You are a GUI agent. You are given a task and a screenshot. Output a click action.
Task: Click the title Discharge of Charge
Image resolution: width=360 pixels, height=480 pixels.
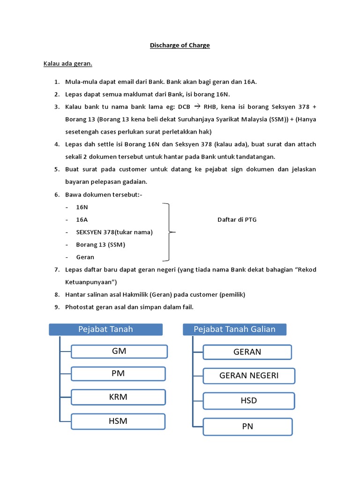click(x=180, y=45)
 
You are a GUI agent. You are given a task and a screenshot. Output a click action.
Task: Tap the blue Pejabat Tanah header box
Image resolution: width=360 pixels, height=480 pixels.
click(x=105, y=329)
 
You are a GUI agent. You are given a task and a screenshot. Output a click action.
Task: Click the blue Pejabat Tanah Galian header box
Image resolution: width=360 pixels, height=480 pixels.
click(x=234, y=330)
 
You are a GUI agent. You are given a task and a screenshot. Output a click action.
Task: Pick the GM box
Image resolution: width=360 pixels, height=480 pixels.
click(x=119, y=351)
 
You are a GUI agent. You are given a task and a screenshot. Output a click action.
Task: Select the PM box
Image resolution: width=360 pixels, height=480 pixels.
click(x=118, y=374)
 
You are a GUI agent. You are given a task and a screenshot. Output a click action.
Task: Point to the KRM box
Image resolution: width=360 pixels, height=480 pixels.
click(x=118, y=397)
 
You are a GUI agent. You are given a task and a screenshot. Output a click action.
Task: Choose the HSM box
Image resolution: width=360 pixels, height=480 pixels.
click(x=118, y=421)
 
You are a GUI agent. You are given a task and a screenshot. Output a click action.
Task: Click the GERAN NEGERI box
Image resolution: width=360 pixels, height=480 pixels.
click(x=249, y=375)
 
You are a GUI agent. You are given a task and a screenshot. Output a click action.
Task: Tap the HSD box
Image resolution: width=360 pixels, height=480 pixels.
click(x=248, y=401)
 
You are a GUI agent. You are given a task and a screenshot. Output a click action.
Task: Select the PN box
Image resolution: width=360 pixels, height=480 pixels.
click(x=247, y=427)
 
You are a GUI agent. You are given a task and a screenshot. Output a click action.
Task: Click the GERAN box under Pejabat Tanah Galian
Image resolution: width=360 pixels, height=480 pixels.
click(x=247, y=352)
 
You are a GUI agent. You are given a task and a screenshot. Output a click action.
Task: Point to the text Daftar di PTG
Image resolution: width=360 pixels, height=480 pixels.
click(x=237, y=219)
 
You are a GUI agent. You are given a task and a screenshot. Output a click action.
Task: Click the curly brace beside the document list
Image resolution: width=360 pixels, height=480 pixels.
click(x=169, y=232)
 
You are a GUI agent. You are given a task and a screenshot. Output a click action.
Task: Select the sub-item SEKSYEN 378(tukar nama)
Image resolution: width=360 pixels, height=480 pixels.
click(x=114, y=232)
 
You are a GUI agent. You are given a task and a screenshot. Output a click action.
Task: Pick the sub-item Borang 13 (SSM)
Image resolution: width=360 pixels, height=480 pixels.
click(x=100, y=244)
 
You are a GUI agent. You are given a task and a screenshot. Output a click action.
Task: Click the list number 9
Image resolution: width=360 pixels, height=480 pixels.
click(x=56, y=307)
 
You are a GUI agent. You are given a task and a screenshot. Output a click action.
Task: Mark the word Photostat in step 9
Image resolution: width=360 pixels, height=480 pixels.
click(x=80, y=307)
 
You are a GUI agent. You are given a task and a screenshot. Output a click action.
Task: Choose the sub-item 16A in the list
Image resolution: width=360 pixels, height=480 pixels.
click(x=82, y=219)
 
